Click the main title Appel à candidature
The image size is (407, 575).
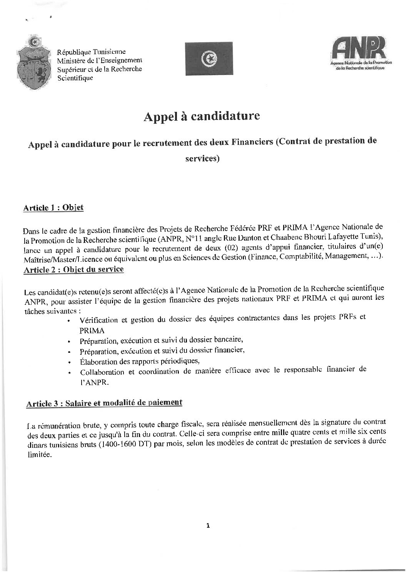[202, 116]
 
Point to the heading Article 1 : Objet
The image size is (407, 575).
[53, 208]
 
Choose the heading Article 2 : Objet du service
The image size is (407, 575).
[74, 270]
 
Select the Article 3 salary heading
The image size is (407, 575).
[104, 403]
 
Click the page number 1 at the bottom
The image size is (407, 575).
[208, 526]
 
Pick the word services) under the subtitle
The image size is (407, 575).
[202, 158]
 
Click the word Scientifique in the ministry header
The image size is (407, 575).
[75, 78]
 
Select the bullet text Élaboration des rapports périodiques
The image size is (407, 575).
[140, 361]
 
